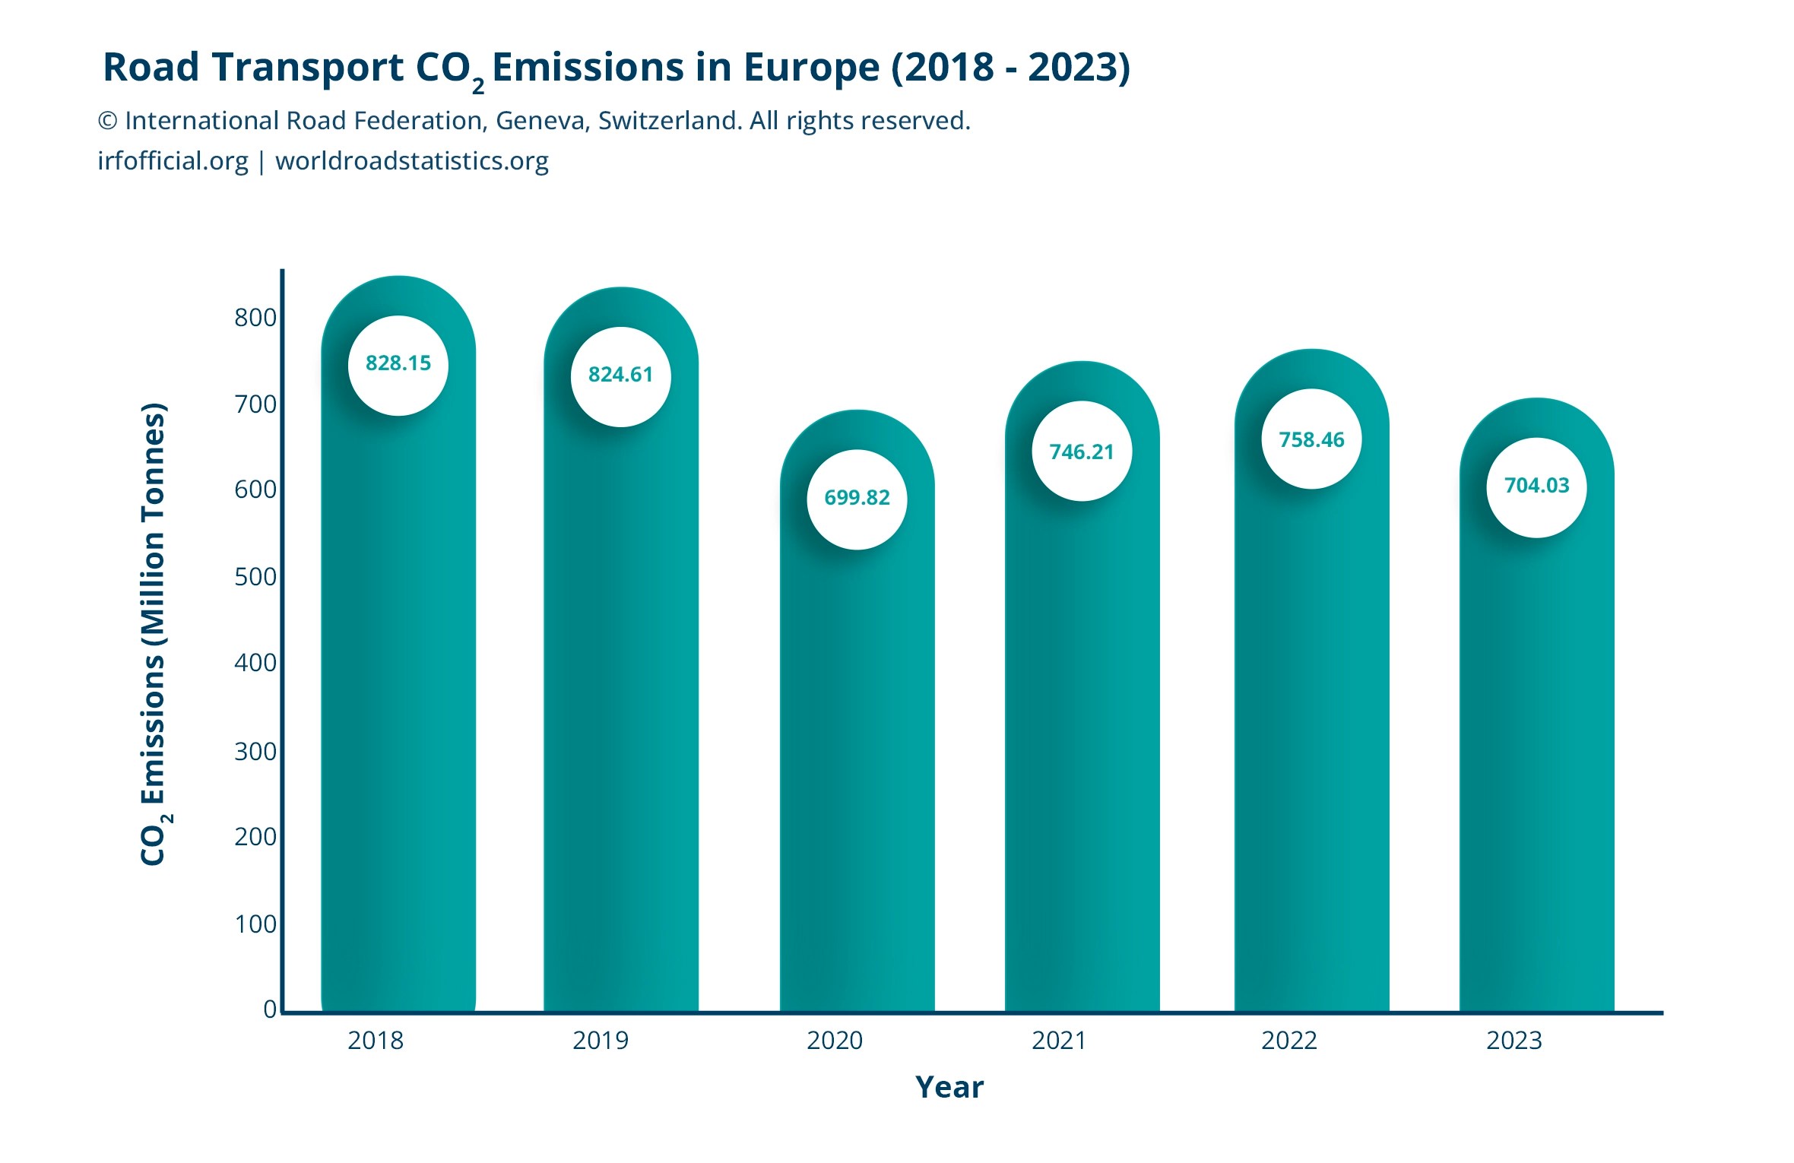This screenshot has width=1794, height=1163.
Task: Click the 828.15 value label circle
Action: point(398,365)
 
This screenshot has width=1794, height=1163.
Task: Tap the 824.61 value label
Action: point(620,376)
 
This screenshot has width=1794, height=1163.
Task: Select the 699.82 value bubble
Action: point(857,499)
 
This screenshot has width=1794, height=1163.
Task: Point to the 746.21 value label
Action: point(1081,452)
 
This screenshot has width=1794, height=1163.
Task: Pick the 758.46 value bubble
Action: point(1311,439)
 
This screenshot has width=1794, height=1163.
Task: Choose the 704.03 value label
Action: point(1536,486)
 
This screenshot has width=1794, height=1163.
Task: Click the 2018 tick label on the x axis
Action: point(376,1040)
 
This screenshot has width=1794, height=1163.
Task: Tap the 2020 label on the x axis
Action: point(834,1040)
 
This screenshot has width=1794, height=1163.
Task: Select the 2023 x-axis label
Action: point(1513,1040)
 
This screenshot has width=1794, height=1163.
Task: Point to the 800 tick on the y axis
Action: point(255,317)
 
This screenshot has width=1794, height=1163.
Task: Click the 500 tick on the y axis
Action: point(255,577)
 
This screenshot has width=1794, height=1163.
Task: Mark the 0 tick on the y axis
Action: point(270,1009)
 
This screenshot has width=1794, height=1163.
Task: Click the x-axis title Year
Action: point(949,1088)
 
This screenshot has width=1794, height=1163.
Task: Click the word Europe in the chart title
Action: point(811,67)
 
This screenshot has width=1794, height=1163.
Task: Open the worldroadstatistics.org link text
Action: point(411,161)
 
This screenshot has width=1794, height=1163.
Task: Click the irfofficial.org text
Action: point(173,161)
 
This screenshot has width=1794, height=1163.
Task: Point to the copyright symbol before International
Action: point(108,121)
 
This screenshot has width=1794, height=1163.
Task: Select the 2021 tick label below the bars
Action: point(1059,1040)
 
